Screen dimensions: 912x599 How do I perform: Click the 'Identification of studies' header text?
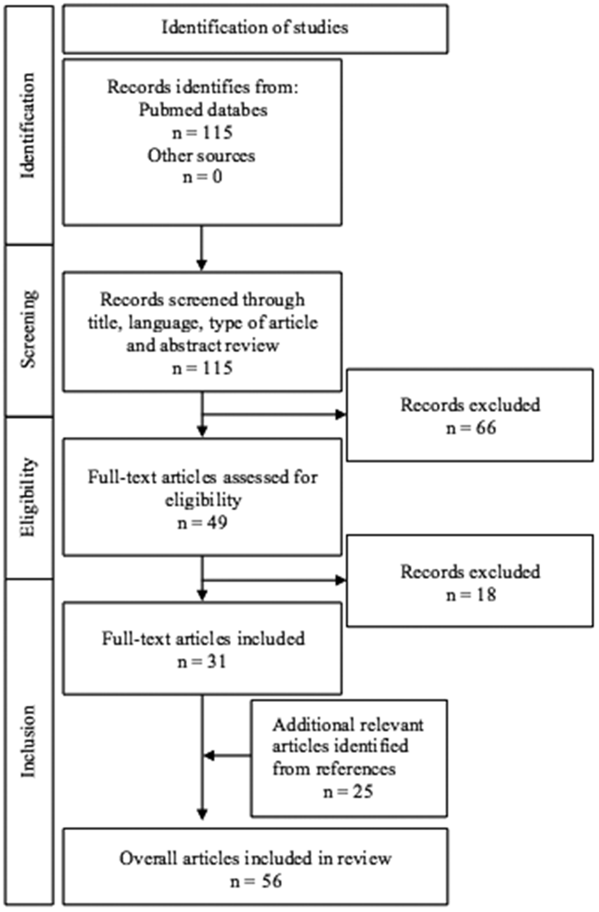[255, 28]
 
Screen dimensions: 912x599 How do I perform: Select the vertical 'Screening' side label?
[29, 329]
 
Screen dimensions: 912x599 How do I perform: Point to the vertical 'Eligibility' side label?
[29, 497]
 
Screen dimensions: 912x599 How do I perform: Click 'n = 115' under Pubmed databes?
[202, 133]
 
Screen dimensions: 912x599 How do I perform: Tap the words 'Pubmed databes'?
[203, 110]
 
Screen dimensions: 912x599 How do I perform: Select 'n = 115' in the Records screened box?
[202, 368]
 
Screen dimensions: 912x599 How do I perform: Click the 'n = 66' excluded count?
[471, 428]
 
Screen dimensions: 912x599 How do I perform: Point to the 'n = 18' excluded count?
[471, 595]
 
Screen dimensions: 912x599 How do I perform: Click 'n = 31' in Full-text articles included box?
[202, 662]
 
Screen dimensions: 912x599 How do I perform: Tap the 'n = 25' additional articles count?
[348, 792]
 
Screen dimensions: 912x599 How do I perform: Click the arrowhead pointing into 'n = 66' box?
[341, 414]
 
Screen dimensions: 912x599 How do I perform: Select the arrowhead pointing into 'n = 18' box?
[341, 580]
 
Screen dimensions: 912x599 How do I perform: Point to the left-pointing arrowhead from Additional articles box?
[208, 756]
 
